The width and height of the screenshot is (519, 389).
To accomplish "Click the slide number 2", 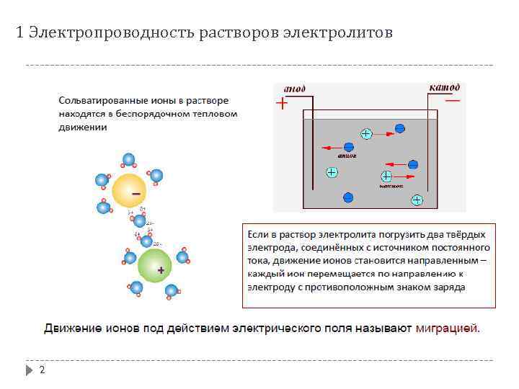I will pyautogui.click(x=42, y=370).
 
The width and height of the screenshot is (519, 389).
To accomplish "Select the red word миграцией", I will pyautogui.click(x=447, y=328).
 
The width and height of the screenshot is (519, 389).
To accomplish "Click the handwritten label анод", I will pyautogui.click(x=294, y=89).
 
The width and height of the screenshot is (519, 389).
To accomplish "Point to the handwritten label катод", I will pyautogui.click(x=445, y=87).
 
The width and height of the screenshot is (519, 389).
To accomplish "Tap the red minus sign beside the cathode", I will pyautogui.click(x=453, y=101).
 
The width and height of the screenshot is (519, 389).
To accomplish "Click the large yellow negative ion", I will pyautogui.click(x=130, y=190).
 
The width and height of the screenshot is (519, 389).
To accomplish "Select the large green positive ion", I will pyautogui.click(x=154, y=266).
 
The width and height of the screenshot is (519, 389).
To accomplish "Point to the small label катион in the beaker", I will pyautogui.click(x=390, y=186).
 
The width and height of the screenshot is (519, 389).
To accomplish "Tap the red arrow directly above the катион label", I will pyautogui.click(x=407, y=176).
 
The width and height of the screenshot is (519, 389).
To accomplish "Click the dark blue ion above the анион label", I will pyautogui.click(x=349, y=146).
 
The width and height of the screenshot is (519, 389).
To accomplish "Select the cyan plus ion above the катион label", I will pyautogui.click(x=387, y=176).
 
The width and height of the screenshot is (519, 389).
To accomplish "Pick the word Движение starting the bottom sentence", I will pyautogui.click(x=72, y=328).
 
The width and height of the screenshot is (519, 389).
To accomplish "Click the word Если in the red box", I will pyautogui.click(x=257, y=235).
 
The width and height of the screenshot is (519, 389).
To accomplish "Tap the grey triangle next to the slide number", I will pyautogui.click(x=29, y=370).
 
